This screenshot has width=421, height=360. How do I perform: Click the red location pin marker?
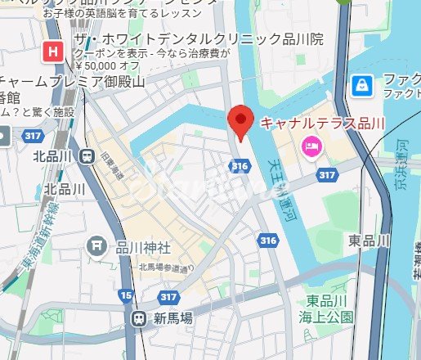pos(240,123)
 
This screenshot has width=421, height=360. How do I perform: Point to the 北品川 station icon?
pos(86,156)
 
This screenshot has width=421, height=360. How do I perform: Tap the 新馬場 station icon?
pos(138,318)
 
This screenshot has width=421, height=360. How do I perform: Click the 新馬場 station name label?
pos(172,318)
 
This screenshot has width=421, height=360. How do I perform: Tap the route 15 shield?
pos(125,294)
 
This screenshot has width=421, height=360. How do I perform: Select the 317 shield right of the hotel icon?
pos(328,175)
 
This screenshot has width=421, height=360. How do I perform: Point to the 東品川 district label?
pos(368,241)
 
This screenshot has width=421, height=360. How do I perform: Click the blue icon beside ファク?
pos(360,84)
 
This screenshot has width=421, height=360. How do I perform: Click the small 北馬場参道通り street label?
pos(166,267)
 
